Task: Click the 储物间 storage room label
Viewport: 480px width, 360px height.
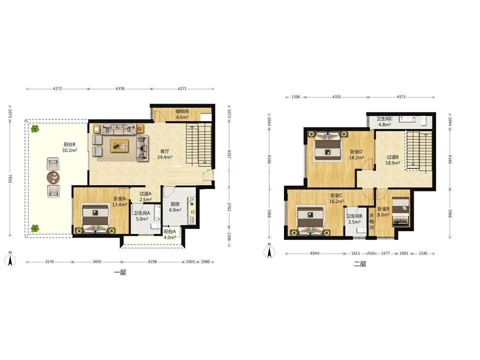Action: pyautogui.click(x=182, y=111)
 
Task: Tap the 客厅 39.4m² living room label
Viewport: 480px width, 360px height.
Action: pyautogui.click(x=165, y=154)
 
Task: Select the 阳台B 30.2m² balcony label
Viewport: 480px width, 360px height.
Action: pyautogui.click(x=70, y=147)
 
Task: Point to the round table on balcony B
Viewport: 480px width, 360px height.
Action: pyautogui.click(x=53, y=177)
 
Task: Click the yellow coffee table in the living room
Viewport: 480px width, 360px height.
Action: pyautogui.click(x=119, y=146)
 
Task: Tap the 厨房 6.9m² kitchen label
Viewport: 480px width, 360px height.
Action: pyautogui.click(x=175, y=207)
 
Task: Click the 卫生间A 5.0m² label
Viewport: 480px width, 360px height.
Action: pyautogui.click(x=142, y=216)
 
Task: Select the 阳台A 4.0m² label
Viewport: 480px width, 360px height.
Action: pyautogui.click(x=170, y=234)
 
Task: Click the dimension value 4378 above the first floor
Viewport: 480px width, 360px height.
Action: pyautogui.click(x=120, y=89)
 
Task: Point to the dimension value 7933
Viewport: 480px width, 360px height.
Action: pyautogui.click(x=10, y=179)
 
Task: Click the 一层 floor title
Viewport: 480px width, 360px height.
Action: pyautogui.click(x=120, y=272)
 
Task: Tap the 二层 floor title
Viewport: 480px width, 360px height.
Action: pyautogui.click(x=360, y=264)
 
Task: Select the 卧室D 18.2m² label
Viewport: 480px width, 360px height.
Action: pyautogui.click(x=356, y=155)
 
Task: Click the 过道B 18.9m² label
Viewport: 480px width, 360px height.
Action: pyautogui.click(x=393, y=160)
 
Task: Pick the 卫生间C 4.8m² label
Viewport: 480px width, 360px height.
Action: pyautogui.click(x=385, y=122)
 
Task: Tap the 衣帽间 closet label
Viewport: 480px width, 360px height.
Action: pyautogui.click(x=372, y=221)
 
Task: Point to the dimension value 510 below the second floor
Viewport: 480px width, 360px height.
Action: pyautogui.click(x=371, y=253)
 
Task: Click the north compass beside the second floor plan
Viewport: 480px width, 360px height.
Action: pyautogui.click(x=269, y=252)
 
